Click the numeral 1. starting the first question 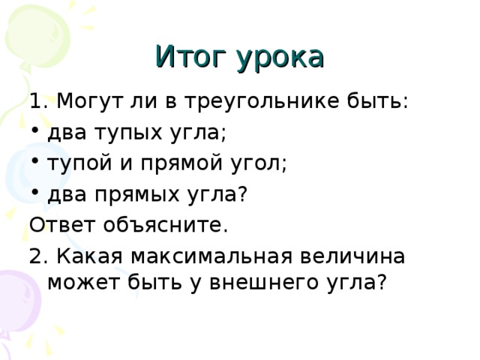[38, 101]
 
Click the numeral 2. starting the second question [38, 256]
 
